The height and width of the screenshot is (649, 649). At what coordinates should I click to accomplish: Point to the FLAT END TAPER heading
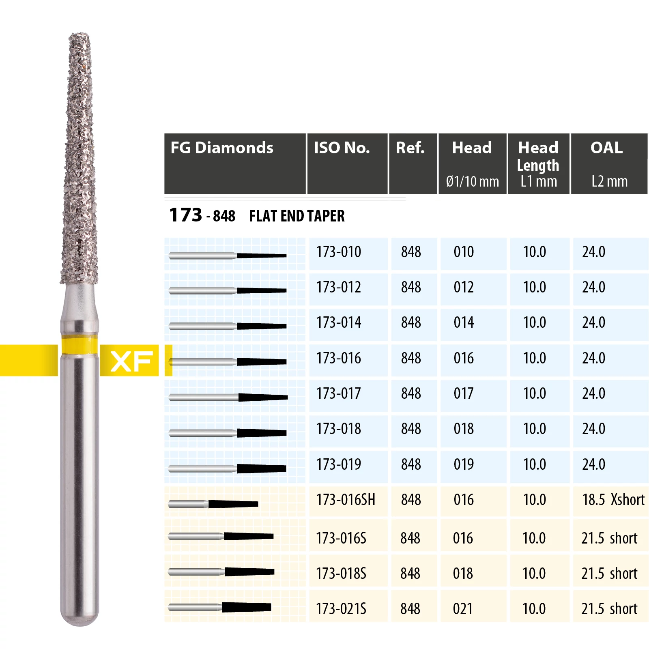297,216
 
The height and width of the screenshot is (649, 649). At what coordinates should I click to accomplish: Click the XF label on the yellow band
131,361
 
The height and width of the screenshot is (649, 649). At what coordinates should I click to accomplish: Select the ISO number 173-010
339,252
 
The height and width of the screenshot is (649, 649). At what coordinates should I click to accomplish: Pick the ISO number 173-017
339,393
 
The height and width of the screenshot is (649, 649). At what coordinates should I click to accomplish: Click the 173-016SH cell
346,500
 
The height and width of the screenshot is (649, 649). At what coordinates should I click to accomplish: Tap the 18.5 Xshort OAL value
613,500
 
